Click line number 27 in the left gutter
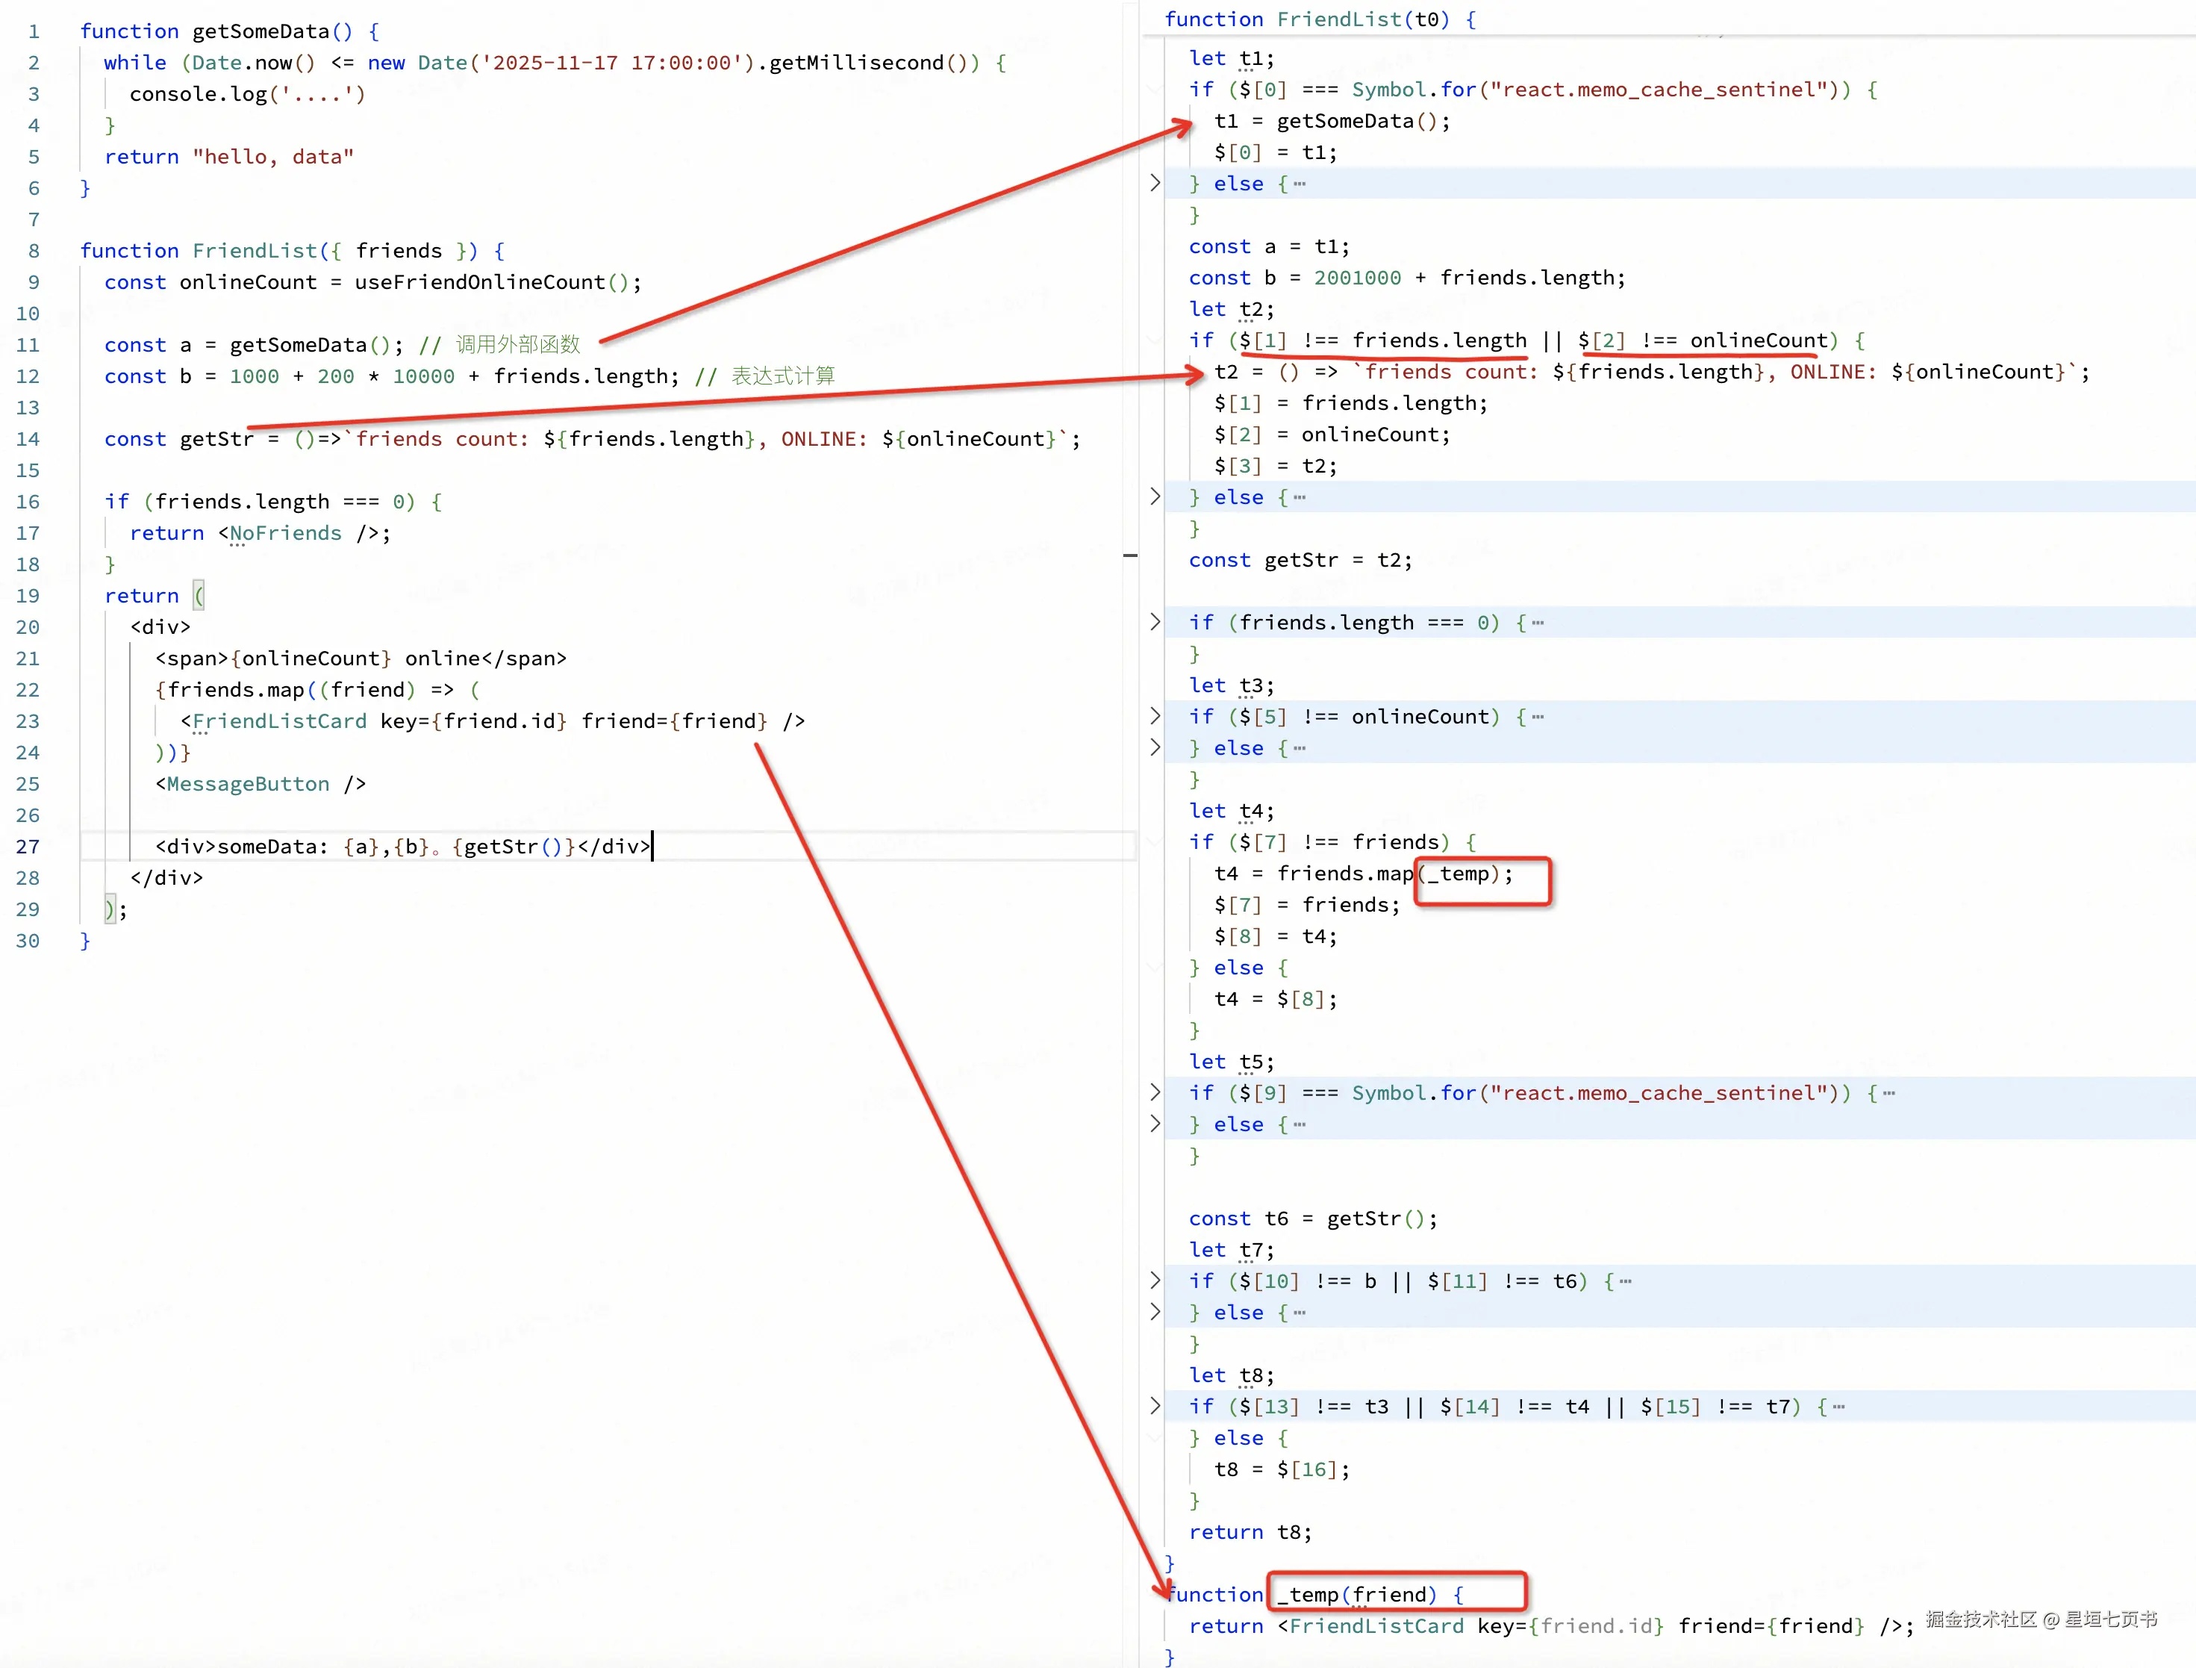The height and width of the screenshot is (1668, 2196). coord(28,847)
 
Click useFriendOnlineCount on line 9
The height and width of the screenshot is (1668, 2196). coord(479,282)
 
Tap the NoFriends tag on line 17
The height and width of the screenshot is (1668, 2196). coord(285,533)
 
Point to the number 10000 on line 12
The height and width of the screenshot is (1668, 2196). coord(423,376)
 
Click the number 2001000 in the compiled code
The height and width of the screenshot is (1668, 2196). coord(1357,278)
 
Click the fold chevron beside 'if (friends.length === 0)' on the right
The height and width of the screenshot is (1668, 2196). coord(1155,621)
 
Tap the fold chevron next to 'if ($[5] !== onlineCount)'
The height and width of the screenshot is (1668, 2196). coord(1155,716)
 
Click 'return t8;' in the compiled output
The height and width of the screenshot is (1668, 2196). coord(1250,1532)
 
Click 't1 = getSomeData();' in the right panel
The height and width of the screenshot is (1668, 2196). coord(1332,121)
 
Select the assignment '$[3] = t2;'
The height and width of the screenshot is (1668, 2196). coord(1275,466)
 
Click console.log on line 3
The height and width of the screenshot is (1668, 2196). coord(199,94)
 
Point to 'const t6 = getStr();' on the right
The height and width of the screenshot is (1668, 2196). coord(1312,1219)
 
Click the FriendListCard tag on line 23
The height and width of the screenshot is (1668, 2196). coord(279,722)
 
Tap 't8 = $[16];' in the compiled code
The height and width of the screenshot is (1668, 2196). coord(1282,1469)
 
